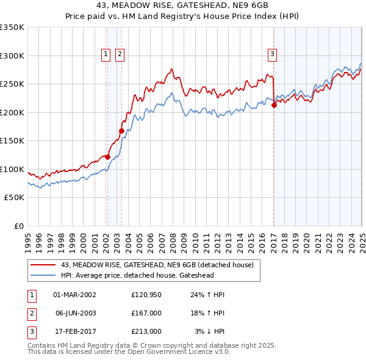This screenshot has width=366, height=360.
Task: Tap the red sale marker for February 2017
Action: coord(274,105)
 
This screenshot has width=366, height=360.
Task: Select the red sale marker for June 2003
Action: coord(121,131)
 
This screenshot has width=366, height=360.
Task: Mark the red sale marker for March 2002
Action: coord(107,157)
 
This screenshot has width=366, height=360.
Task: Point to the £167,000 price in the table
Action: coord(146,313)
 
